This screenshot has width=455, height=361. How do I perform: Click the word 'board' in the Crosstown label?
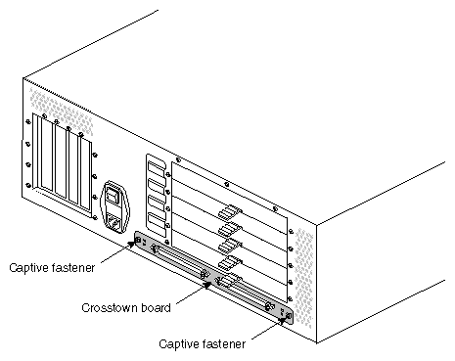click(x=156, y=307)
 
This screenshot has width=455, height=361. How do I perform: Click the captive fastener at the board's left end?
click(x=139, y=241)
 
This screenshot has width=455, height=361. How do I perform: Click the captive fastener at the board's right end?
click(x=285, y=315)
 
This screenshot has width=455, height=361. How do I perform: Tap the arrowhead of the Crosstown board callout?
click(x=206, y=286)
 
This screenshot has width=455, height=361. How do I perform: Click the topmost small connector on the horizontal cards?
click(x=230, y=210)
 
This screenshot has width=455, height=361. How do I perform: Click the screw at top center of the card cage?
click(x=225, y=182)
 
